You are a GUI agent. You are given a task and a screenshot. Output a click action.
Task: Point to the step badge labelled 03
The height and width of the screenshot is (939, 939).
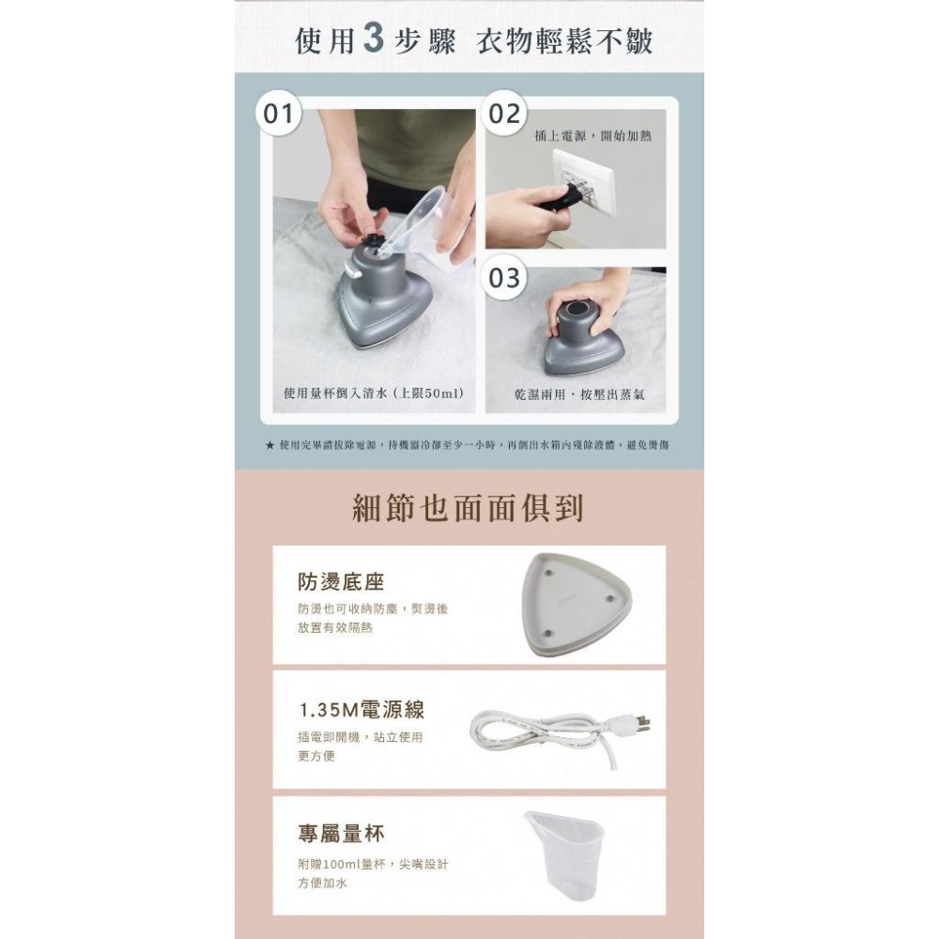pos(505,279)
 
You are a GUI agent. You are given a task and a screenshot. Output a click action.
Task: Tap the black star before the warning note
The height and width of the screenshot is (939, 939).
pos(270,444)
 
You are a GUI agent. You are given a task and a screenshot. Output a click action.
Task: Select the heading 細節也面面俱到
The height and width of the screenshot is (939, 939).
pos(468,507)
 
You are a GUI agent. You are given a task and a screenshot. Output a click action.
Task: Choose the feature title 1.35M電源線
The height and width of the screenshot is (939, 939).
pos(362,710)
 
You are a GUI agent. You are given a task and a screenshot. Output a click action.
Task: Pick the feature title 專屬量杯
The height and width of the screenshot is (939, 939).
pos(341,834)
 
